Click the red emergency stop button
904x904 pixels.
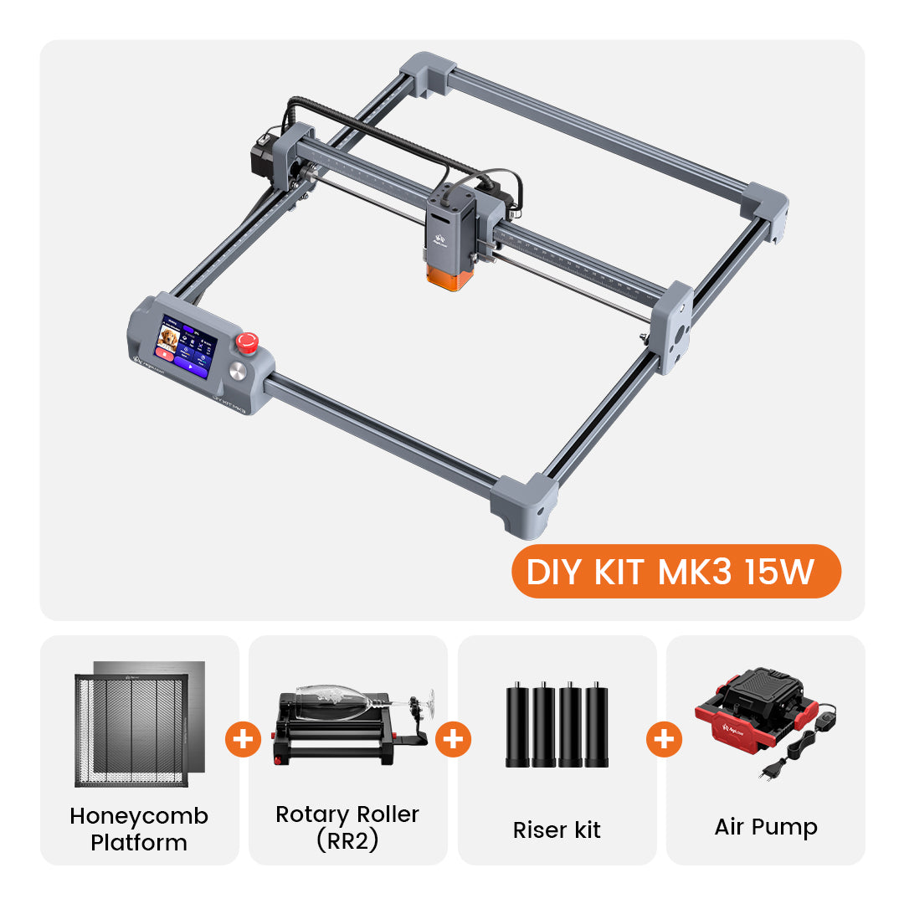point(247,342)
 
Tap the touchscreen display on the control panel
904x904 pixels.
point(185,346)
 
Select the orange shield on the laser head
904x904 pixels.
point(449,275)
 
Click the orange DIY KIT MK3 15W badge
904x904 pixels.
point(675,572)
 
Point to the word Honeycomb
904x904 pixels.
point(139,816)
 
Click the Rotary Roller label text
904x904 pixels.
point(347,814)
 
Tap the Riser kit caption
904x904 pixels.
point(557,830)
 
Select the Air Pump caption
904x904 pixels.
point(766,827)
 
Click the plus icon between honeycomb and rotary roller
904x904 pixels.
point(243,739)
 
